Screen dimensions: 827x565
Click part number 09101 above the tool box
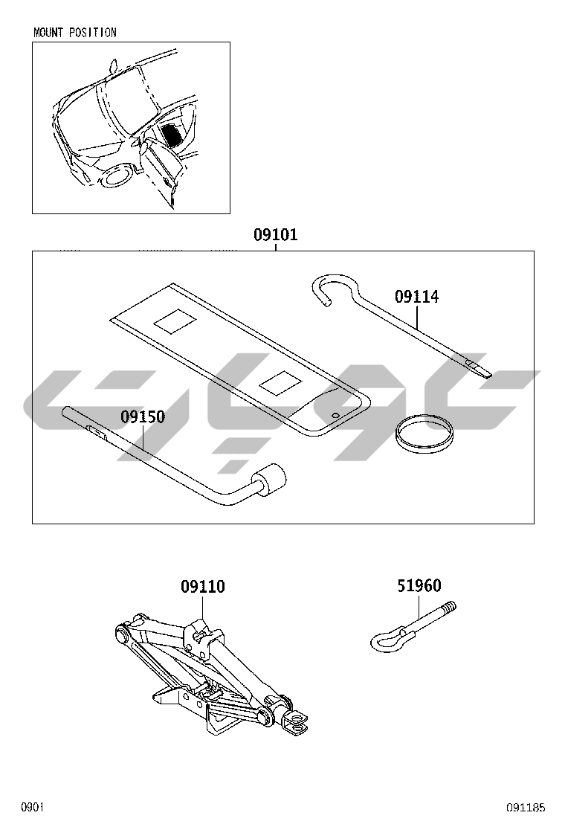[x=275, y=235]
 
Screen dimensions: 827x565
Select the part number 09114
[x=416, y=297]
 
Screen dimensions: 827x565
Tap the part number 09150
[x=143, y=417]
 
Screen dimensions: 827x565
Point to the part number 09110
[x=202, y=587]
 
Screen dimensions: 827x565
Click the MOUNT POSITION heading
[x=75, y=33]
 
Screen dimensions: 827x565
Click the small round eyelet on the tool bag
[x=335, y=415]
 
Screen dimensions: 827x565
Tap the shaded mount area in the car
[x=173, y=135]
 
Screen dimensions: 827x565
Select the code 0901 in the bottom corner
[x=33, y=807]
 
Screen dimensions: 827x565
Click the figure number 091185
[x=526, y=807]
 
